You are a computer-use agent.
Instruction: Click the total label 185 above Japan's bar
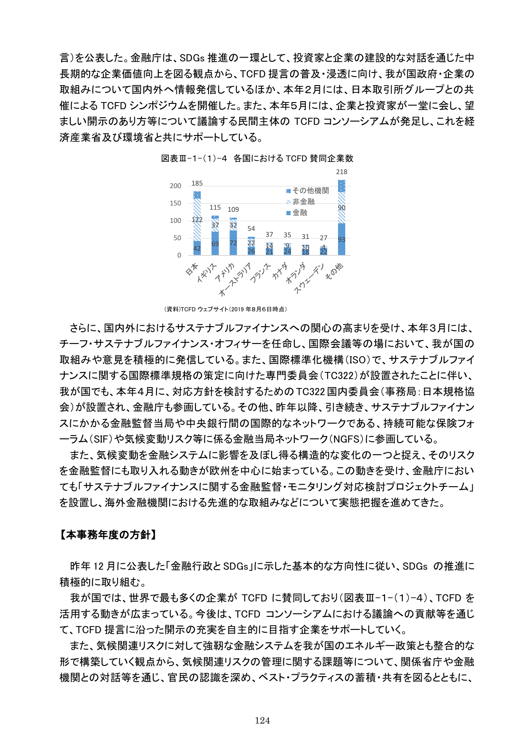click(x=197, y=183)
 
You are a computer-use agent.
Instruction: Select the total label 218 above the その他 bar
click(x=341, y=172)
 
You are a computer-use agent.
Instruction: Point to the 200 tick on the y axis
click(x=176, y=186)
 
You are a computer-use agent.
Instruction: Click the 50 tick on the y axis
click(x=177, y=238)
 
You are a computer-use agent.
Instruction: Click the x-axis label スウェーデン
click(x=310, y=278)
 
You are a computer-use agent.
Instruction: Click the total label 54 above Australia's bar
click(x=251, y=229)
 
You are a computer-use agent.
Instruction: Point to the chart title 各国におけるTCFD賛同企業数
click(x=293, y=158)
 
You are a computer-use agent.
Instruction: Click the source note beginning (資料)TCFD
click(x=225, y=309)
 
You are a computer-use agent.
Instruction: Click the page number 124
click(x=262, y=721)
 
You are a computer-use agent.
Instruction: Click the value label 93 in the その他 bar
click(x=341, y=240)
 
